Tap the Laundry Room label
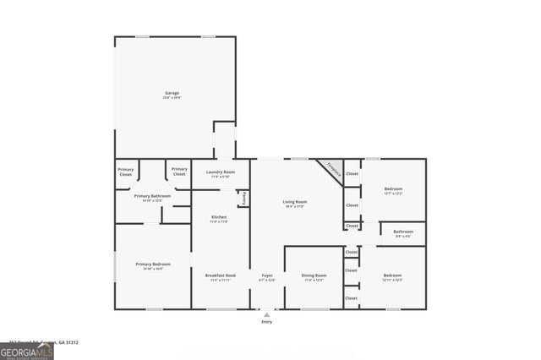click(219, 174)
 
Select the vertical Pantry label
click(244, 198)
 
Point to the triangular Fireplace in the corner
click(333, 168)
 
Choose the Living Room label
click(294, 203)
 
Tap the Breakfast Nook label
click(220, 276)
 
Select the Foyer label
click(267, 276)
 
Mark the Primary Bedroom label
click(153, 265)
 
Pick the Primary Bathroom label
click(152, 197)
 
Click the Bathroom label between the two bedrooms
click(403, 232)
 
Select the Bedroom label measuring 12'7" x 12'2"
click(393, 190)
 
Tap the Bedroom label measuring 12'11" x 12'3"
click(392, 276)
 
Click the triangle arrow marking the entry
click(267, 314)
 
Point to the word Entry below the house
click(267, 322)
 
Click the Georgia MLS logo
click(27, 351)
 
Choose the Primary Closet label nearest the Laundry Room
click(179, 172)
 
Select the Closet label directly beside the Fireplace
click(352, 174)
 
